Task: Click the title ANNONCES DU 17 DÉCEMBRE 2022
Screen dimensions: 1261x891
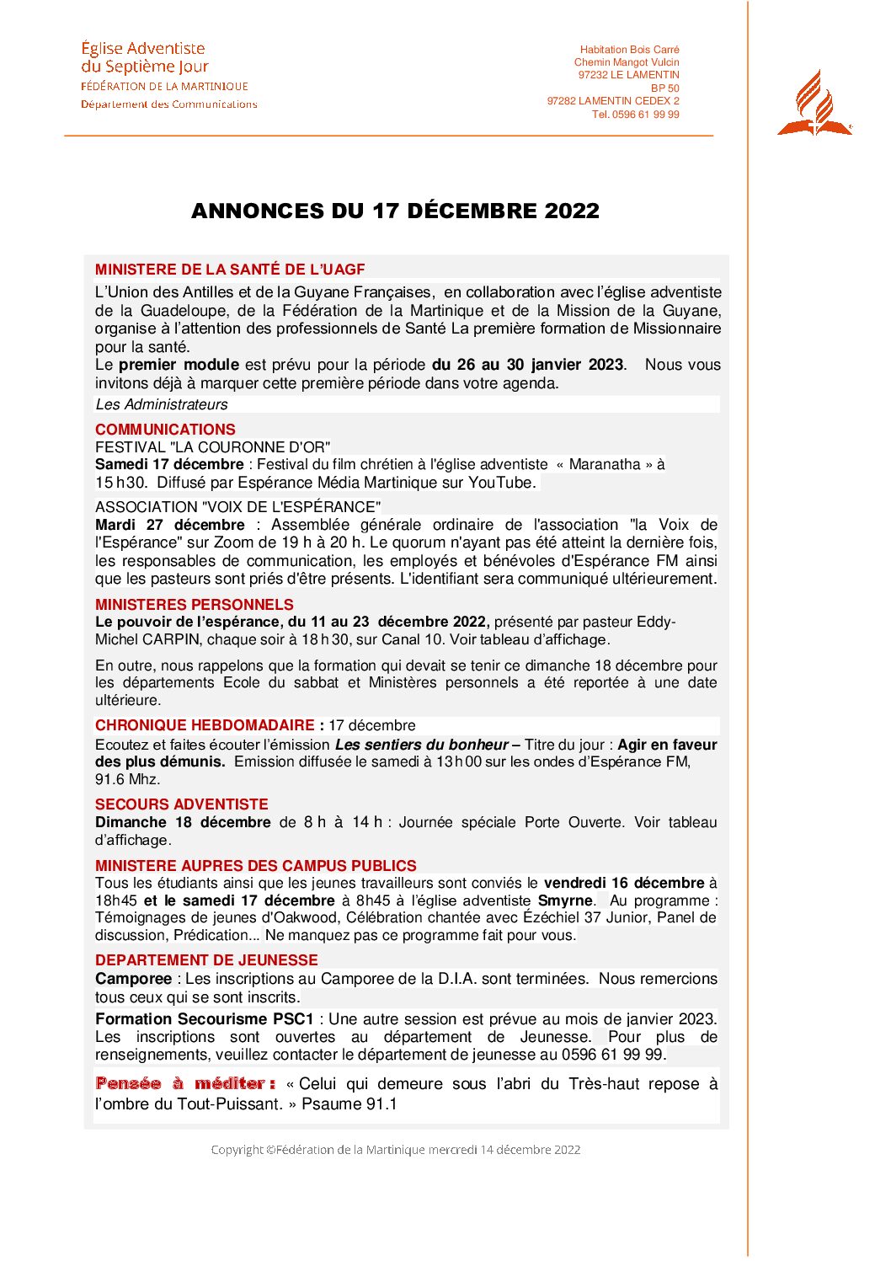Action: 395,211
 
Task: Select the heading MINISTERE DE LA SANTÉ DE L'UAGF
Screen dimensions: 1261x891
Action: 230,270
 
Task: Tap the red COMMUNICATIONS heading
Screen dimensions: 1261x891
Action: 165,429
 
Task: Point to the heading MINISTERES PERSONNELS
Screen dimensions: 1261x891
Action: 195,604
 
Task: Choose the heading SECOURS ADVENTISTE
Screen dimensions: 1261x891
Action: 182,804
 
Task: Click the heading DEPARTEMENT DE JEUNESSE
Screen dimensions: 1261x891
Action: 206,959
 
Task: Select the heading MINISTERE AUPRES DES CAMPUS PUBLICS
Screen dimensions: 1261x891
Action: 256,865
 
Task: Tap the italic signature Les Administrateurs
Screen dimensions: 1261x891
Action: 162,404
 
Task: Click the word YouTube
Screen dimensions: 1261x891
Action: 501,483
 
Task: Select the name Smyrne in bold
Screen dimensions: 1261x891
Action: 565,900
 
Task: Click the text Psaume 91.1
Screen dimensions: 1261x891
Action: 349,1103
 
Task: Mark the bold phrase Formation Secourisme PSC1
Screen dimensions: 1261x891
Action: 205,1018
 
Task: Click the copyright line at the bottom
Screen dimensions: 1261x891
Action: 395,1150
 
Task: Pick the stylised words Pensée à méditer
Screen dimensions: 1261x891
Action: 185,1083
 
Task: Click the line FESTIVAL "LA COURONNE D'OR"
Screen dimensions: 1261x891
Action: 213,446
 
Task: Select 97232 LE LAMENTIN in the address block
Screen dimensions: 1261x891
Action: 628,75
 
